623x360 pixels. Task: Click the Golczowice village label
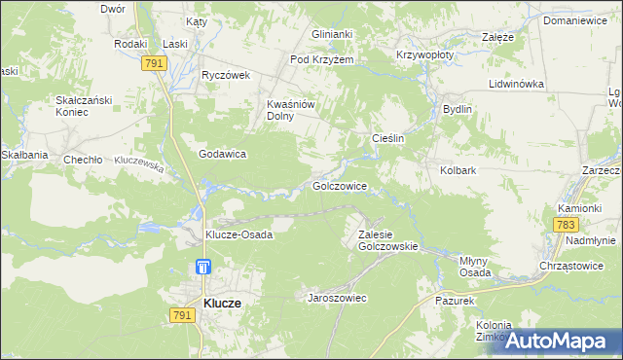(340, 185)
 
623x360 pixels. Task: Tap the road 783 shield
(565, 224)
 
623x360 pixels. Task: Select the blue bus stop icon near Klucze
(202, 267)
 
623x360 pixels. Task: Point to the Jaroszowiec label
(337, 298)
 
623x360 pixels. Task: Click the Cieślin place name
(388, 139)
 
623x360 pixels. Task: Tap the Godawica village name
(222, 154)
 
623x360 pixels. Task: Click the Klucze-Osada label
(238, 234)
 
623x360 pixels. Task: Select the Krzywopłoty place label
(424, 55)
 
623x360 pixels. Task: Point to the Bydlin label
(458, 109)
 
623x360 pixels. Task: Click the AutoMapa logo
(559, 341)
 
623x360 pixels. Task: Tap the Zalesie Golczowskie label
(387, 240)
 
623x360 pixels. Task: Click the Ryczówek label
(226, 75)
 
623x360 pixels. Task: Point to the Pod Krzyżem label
(322, 59)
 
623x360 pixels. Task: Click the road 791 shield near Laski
(153, 63)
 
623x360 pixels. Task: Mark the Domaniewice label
(581, 19)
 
